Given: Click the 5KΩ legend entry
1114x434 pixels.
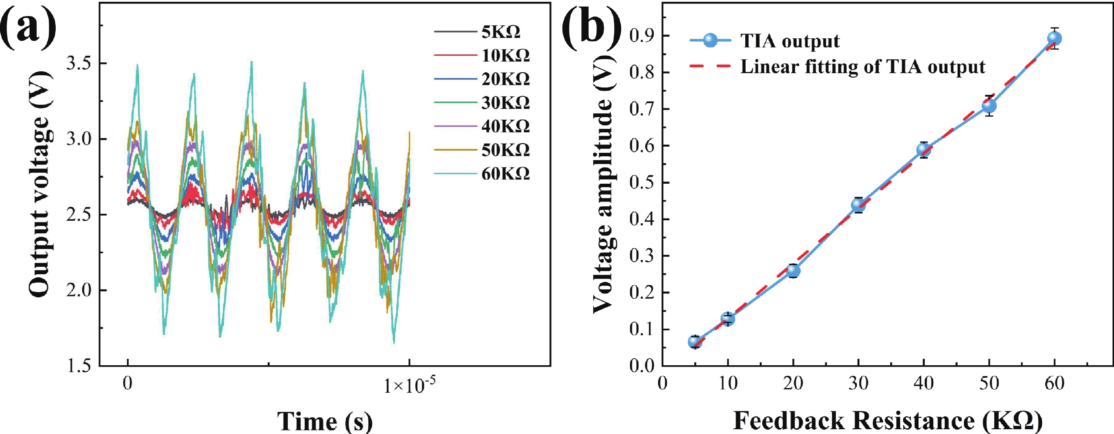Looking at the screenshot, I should pos(501,32).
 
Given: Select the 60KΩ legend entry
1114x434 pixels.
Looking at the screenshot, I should pos(505,174).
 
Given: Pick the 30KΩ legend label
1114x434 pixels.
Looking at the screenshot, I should pos(505,103).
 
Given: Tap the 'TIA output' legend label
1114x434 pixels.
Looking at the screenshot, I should pos(790,41).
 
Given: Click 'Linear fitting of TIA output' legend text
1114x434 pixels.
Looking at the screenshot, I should pos(862,67).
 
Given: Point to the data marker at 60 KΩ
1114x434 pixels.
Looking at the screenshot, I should pos(1054,39).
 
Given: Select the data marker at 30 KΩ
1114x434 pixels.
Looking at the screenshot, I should pos(858,205).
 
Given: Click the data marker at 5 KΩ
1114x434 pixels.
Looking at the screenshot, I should pos(695,342).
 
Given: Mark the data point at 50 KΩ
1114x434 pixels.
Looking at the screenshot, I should pos(989,106).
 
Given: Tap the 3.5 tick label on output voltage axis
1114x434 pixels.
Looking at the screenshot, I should pos(79,64).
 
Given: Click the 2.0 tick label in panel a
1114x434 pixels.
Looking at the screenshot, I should pos(79,290).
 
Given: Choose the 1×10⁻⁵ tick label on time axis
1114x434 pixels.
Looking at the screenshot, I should pos(409,385).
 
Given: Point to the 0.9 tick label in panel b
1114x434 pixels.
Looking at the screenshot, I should pos(643,35).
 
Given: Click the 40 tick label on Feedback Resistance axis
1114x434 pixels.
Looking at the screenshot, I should pos(923,384).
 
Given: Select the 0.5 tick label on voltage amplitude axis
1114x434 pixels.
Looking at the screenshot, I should pos(643,182).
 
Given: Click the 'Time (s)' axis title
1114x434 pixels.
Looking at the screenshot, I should pos(325,421).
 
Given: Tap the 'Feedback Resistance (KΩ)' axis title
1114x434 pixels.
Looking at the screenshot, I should pos(888,420).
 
